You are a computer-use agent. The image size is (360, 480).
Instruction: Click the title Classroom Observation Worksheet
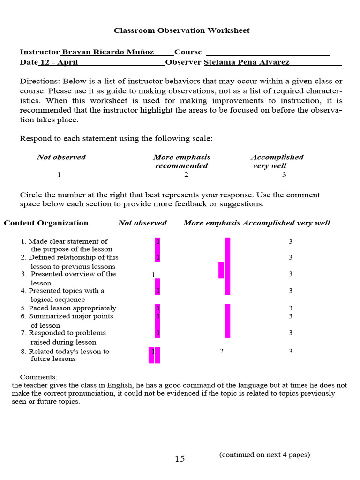tap(181, 30)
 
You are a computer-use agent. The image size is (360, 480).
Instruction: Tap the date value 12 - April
tap(59, 62)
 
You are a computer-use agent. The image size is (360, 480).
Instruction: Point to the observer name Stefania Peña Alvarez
tap(246, 62)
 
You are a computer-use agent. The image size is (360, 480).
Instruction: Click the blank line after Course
tap(268, 52)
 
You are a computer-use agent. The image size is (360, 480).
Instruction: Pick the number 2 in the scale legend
tap(186, 175)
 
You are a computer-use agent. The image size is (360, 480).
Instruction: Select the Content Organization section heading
tap(46, 223)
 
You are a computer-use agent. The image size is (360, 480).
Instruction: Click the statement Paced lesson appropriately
tap(72, 308)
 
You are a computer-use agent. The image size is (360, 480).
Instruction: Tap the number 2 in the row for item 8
tap(222, 351)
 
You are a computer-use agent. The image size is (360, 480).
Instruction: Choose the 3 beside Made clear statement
tap(291, 241)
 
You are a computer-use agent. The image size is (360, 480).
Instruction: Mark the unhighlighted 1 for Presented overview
tap(153, 275)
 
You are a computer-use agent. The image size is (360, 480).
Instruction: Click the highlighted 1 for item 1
tap(158, 241)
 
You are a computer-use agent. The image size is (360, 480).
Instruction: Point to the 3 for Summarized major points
tap(291, 316)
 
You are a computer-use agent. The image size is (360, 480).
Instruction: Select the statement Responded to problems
tap(67, 333)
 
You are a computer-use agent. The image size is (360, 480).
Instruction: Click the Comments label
tap(38, 377)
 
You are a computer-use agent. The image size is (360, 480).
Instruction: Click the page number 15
tap(180, 459)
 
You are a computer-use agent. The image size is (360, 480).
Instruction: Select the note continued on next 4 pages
tap(264, 454)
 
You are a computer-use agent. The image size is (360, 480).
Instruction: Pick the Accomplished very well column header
tap(286, 223)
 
